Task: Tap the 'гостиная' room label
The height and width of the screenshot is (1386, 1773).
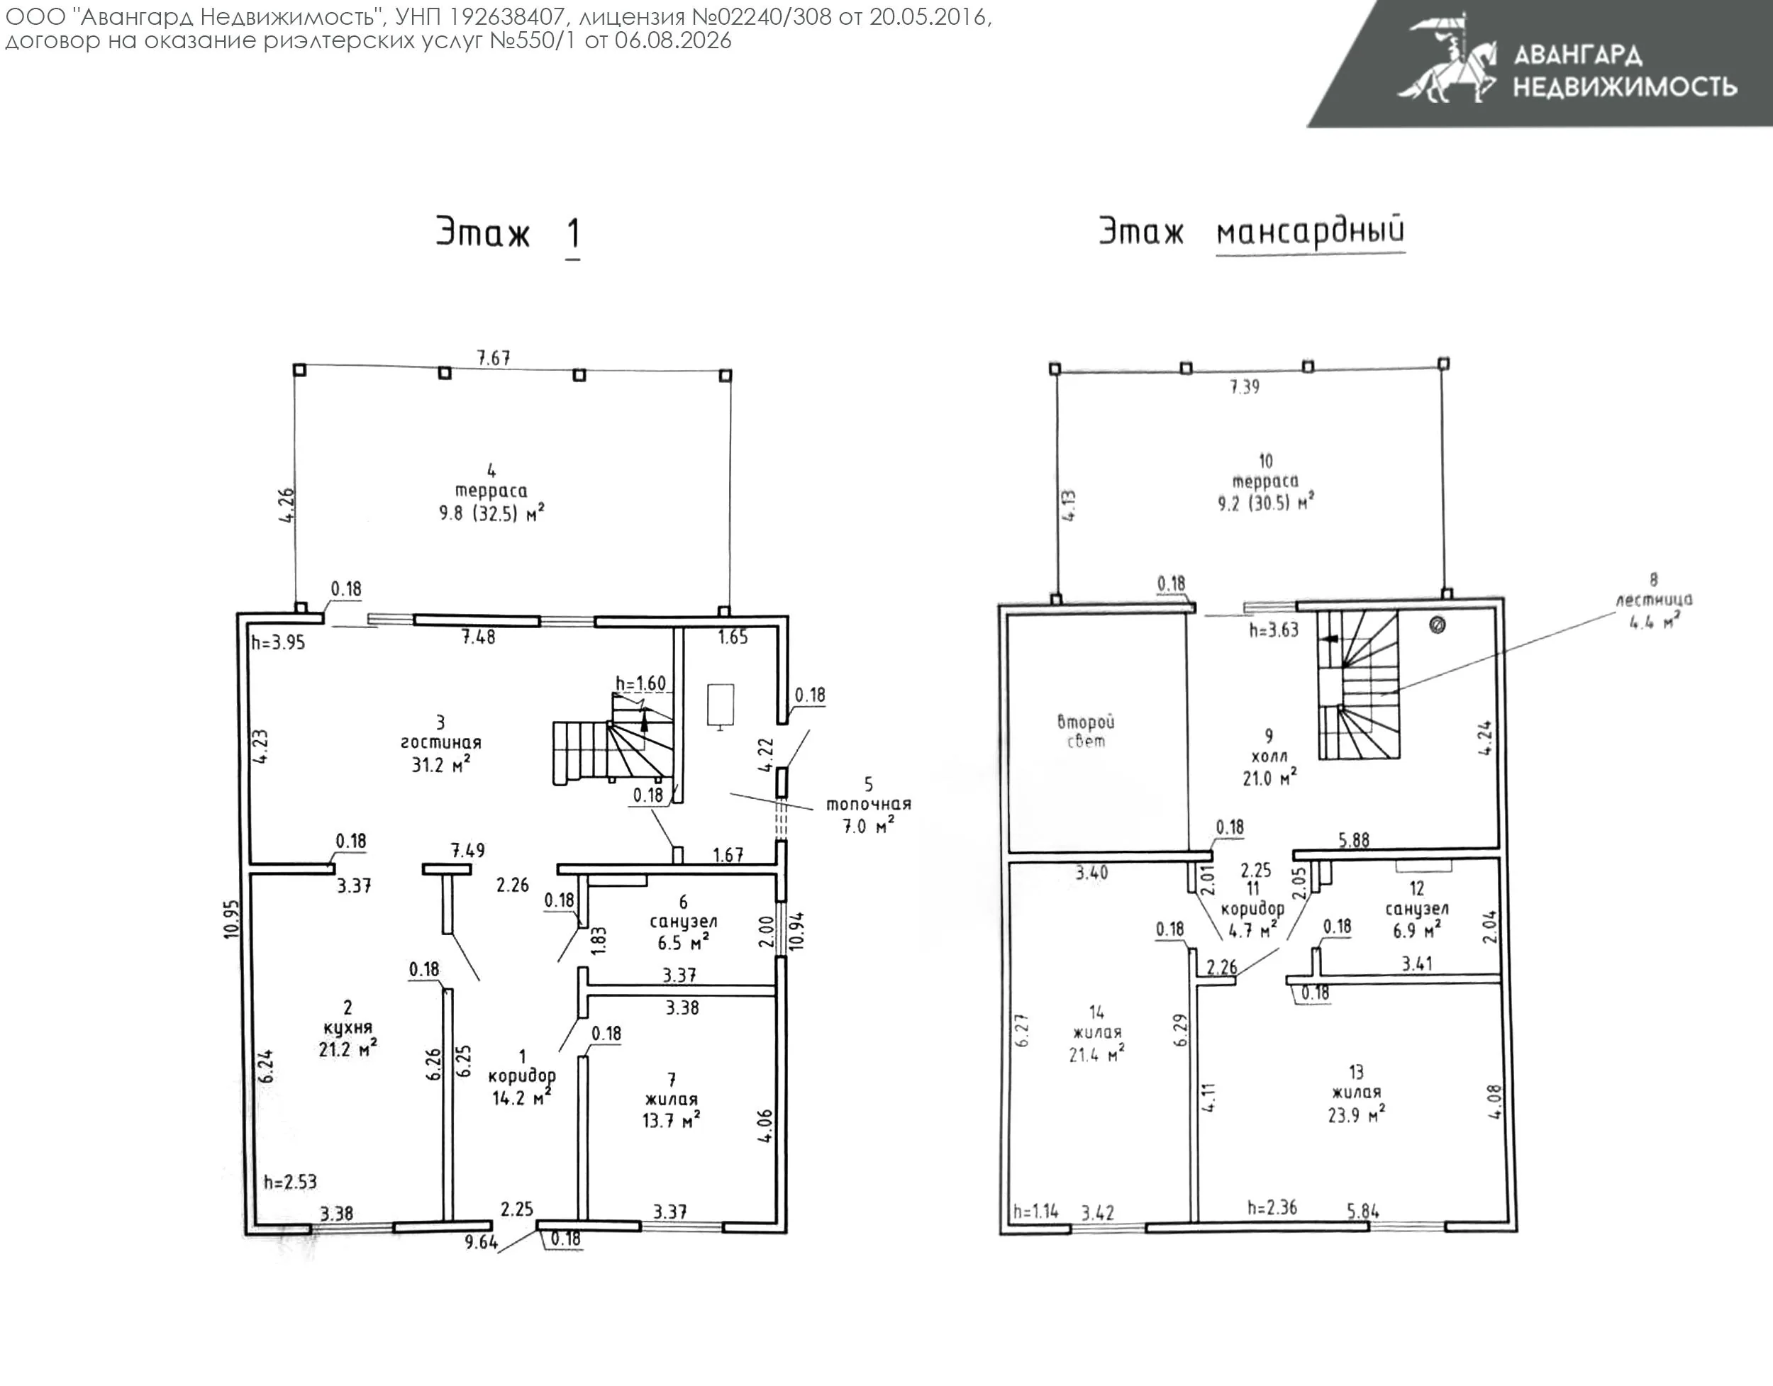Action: click(441, 742)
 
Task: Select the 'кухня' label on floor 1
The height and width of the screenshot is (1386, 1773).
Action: click(348, 1028)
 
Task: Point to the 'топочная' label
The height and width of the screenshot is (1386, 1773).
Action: click(869, 804)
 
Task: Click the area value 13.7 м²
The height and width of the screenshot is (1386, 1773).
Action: click(672, 1121)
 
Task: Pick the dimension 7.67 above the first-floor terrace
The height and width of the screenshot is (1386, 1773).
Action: click(494, 358)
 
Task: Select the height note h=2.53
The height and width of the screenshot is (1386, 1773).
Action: click(290, 1182)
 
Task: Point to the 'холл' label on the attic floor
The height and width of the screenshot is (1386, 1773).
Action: click(1269, 756)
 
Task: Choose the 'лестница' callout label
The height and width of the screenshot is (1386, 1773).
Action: click(1654, 600)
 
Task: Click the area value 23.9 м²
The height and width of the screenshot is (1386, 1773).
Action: click(1357, 1115)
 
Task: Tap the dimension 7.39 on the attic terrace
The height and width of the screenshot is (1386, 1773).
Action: click(1245, 387)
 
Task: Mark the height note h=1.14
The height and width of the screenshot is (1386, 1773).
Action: click(1036, 1212)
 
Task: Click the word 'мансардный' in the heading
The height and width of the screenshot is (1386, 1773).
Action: click(1311, 231)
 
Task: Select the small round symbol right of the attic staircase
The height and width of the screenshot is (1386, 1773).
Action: click(1437, 625)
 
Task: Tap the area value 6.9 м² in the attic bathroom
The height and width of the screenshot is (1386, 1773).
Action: click(1416, 930)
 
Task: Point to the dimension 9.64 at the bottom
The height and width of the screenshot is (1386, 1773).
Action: click(481, 1242)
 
